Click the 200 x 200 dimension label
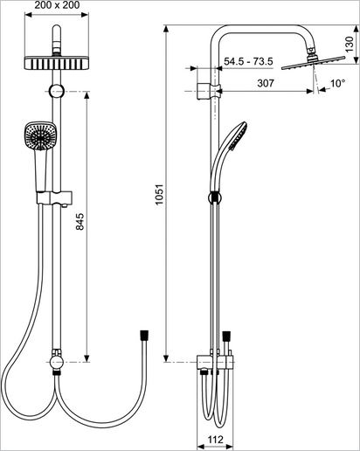(x=57, y=5)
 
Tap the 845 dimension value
(x=80, y=222)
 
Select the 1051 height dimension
(x=159, y=194)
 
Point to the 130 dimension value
(x=349, y=44)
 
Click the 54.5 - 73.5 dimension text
(x=248, y=61)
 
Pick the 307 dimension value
(x=266, y=83)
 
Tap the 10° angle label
(x=337, y=84)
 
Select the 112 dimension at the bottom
(x=215, y=439)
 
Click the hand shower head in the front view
(x=40, y=135)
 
